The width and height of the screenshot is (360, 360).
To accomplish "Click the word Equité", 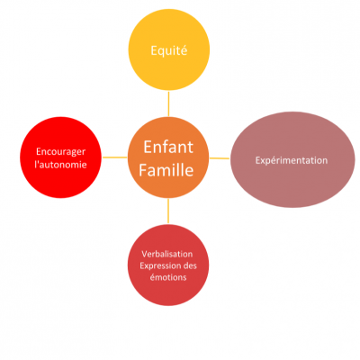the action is click(x=169, y=50).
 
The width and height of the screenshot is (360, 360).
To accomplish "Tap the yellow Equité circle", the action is click(x=169, y=49).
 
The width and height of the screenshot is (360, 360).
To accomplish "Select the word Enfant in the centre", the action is click(x=168, y=147).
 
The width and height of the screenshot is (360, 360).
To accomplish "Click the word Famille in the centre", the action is click(x=166, y=170).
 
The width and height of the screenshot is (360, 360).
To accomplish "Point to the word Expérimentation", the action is click(x=292, y=160).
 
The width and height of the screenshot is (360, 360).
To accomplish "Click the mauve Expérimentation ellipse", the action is click(x=292, y=159).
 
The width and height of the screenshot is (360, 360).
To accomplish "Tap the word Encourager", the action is click(x=60, y=152).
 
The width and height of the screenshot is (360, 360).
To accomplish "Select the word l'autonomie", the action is click(x=60, y=165).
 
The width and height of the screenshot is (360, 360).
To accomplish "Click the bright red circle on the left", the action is click(x=60, y=157).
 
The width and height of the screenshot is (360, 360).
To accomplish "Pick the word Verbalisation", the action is click(x=167, y=254).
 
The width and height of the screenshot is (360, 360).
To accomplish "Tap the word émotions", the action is click(x=168, y=277).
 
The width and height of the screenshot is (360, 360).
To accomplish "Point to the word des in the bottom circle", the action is click(x=190, y=265).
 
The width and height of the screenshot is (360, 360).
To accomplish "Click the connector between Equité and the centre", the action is click(x=168, y=103).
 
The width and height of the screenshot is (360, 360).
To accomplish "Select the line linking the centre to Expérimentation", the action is click(x=220, y=158).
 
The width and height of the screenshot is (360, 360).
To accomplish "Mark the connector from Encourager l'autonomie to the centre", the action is click(x=114, y=157).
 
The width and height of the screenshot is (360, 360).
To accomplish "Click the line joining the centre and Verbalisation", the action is click(x=168, y=211).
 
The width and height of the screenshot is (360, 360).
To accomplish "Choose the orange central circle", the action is click(x=168, y=157).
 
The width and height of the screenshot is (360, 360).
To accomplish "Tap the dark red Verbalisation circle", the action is click(x=168, y=265).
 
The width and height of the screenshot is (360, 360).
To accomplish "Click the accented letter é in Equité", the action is click(x=184, y=50).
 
